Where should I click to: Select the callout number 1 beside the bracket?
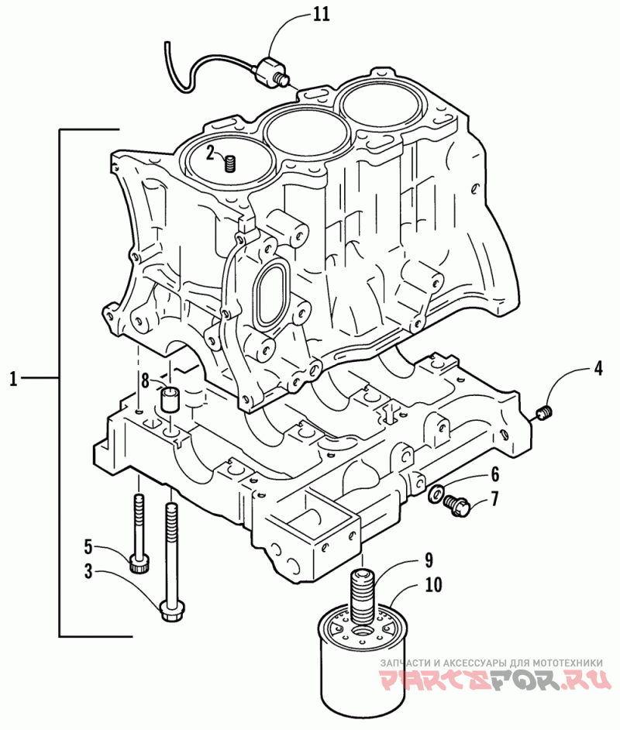(13, 378)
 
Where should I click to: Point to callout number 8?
(145, 380)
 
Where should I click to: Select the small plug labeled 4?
(545, 412)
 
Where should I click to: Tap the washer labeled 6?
(437, 491)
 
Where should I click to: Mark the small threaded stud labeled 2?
(229, 163)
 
